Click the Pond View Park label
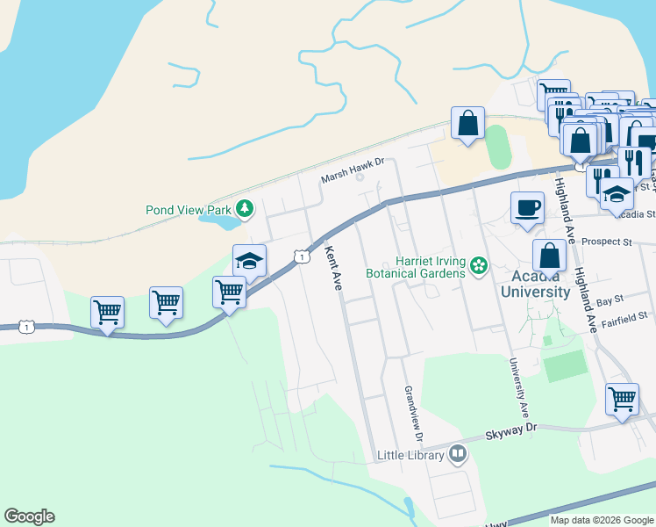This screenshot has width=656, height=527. point(188,210)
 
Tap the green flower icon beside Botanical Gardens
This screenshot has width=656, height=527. point(479,265)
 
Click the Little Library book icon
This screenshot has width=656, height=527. point(457,454)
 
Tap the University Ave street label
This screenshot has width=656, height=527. point(517,386)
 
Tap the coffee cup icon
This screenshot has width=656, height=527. point(527,208)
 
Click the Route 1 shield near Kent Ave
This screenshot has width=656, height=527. point(301,256)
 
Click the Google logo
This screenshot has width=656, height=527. point(29,516)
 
